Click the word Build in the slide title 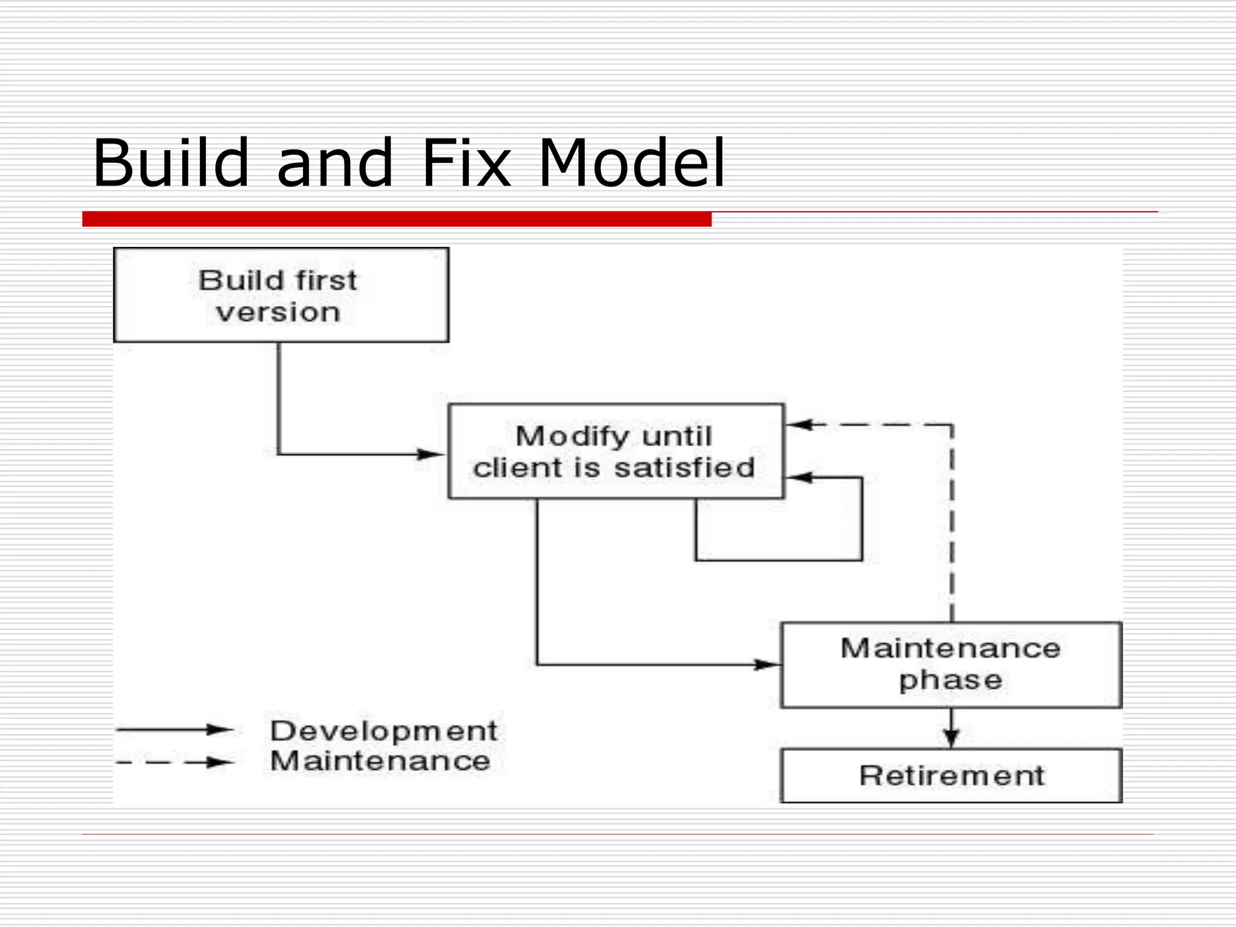coord(171,163)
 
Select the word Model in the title coord(631,163)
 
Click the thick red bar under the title coord(397,219)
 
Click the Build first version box coord(281,295)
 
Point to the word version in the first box coord(278,313)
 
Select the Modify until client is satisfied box coord(616,451)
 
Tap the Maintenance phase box coord(951,665)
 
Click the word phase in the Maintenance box coord(951,681)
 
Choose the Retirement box coord(951,776)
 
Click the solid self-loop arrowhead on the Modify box coord(799,478)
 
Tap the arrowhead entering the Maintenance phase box coord(768,665)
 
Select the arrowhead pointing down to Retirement coord(952,737)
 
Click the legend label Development coord(384,731)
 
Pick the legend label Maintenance coord(380,760)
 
